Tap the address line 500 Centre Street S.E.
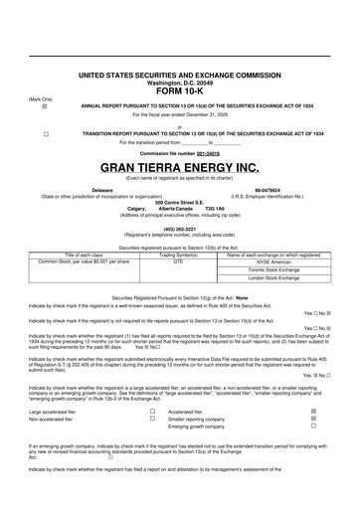point(179,201)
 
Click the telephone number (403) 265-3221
point(179,225)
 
